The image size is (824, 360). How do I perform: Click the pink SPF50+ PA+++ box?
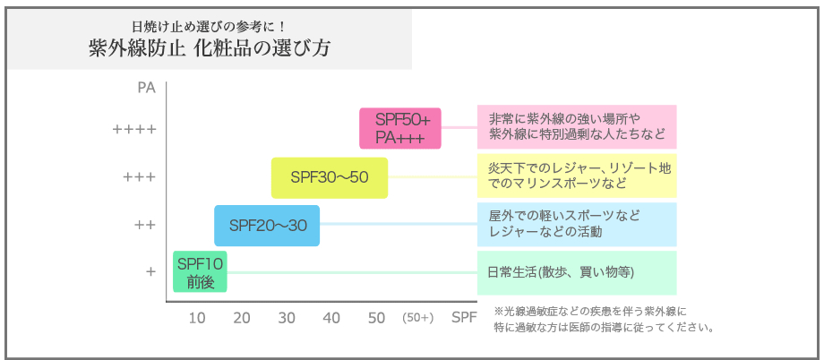point(400,128)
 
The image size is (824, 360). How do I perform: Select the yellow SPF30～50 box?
point(330,177)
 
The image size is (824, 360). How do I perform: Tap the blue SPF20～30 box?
point(267,226)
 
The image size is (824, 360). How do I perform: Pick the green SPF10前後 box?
point(201,271)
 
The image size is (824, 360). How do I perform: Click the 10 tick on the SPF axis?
point(197,318)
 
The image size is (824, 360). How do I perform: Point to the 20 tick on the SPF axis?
point(242,318)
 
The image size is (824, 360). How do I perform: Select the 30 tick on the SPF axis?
point(287,318)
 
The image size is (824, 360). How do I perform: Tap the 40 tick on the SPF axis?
point(332,318)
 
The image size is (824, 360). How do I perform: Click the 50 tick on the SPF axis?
point(377,318)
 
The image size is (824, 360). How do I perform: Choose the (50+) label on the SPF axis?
point(417,318)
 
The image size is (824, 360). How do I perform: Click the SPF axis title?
point(465,318)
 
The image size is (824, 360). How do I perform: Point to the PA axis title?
point(147,88)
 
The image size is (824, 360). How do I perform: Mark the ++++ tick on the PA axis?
point(134,129)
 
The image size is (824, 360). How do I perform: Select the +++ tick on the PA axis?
point(139,177)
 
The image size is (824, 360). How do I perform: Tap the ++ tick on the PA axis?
point(145,225)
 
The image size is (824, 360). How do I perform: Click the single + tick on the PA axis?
point(150,271)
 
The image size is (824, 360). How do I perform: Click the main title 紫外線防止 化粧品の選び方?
point(210,49)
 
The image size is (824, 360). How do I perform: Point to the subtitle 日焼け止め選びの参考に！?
point(210,25)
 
